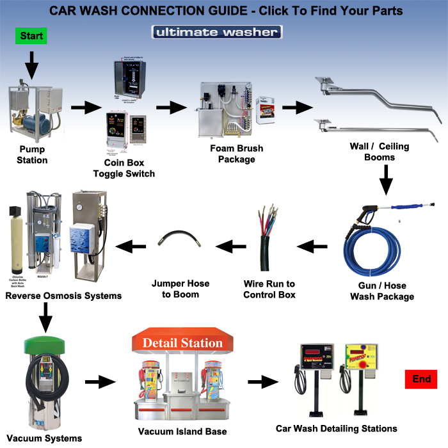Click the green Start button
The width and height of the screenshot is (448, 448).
[x=31, y=36]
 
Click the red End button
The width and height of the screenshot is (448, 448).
[x=421, y=380]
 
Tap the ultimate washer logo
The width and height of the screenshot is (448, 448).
[x=217, y=32]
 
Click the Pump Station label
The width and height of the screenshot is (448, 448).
[x=32, y=154]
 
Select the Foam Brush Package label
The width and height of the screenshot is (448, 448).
[x=236, y=154]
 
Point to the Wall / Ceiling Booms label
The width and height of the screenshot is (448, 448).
[x=379, y=152]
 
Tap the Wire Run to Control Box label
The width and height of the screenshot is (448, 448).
[x=269, y=289]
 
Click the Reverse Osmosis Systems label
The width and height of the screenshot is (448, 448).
[x=63, y=296]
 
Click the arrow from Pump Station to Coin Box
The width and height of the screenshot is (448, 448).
[x=83, y=108]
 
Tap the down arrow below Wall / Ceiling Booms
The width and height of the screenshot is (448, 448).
[x=386, y=180]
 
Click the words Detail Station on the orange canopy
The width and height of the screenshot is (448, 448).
[x=182, y=343]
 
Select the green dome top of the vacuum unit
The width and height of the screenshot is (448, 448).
[x=45, y=342]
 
